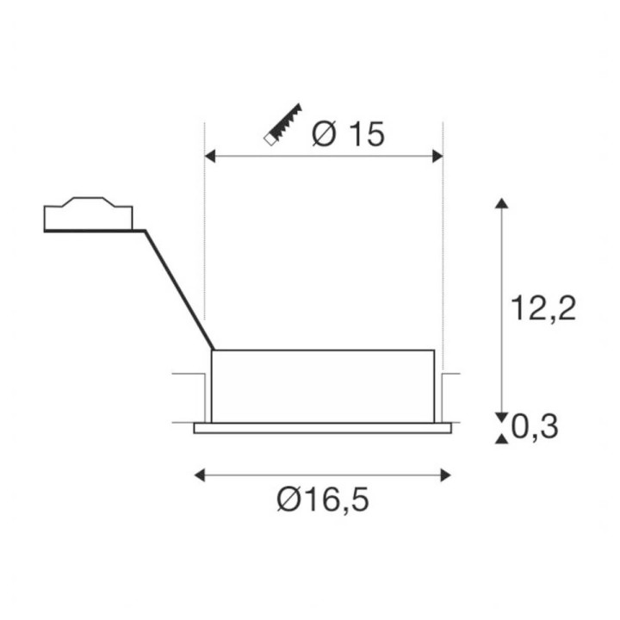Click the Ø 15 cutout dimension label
pos(348,133)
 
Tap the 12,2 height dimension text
pos(543,307)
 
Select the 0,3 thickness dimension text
pos(535,426)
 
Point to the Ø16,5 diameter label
pos(323,499)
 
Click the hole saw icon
pos(282,125)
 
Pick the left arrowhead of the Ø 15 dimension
pos(210,156)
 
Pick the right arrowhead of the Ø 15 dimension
pos(437,156)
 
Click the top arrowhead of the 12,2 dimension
pos(502,203)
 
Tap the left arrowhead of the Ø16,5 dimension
pos(200,474)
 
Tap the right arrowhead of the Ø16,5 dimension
pos(446,474)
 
